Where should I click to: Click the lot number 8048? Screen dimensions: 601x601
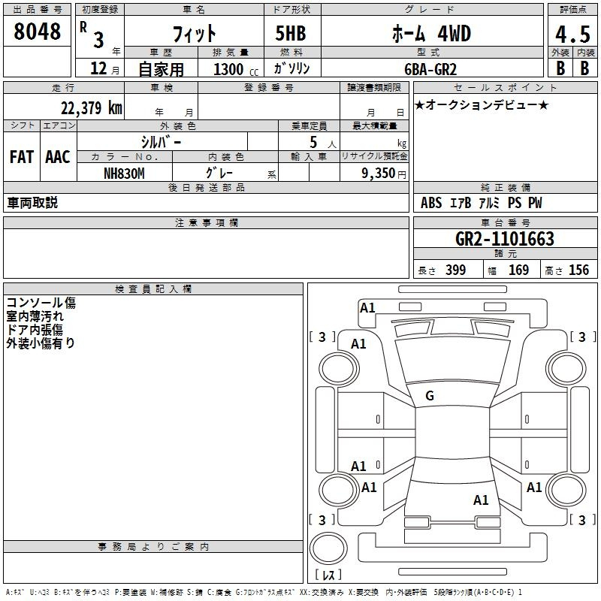[37, 32]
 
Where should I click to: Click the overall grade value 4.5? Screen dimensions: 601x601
[572, 34]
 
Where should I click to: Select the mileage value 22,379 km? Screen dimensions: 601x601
[91, 108]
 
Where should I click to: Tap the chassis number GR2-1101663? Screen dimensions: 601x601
[505, 239]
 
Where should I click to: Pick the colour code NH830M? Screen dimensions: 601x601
[124, 174]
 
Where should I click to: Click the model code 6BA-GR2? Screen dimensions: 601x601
[430, 69]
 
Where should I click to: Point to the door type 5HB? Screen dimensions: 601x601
[291, 33]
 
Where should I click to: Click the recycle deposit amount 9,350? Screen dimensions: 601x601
[378, 173]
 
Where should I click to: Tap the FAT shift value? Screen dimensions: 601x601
[22, 157]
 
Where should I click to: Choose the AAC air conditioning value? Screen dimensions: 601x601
[58, 157]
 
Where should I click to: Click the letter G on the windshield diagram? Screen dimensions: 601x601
[430, 396]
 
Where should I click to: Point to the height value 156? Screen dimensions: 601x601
[578, 270]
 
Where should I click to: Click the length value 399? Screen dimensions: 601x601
[456, 270]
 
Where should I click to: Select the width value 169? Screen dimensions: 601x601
[518, 270]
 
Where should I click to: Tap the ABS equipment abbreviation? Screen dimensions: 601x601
[431, 203]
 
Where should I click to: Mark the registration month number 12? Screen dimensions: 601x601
[98, 68]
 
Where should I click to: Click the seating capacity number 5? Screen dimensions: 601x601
[313, 142]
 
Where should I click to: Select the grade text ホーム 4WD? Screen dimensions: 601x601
[431, 34]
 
